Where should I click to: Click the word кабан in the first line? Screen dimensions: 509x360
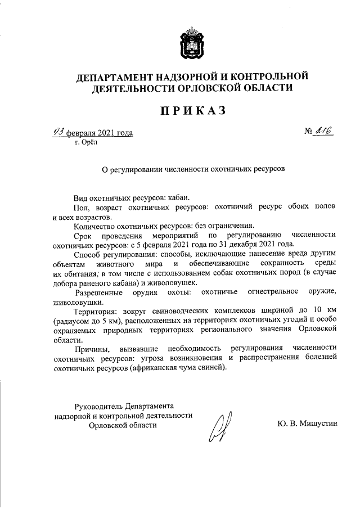click(x=179, y=198)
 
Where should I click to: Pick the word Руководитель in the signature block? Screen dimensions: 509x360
click(x=98, y=406)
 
